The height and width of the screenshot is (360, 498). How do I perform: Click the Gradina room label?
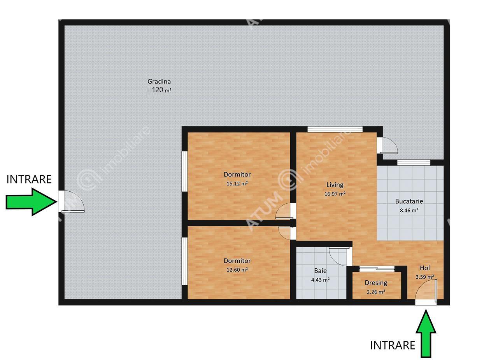[159, 82]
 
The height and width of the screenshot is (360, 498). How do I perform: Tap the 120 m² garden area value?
[161, 90]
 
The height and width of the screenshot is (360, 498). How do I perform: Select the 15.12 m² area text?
[237, 183]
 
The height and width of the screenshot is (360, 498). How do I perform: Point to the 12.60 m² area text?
[237, 270]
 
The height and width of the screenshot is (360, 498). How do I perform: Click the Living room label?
[335, 185]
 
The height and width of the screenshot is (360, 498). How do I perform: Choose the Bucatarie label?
[409, 201]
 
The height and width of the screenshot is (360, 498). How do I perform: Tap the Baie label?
[320, 271]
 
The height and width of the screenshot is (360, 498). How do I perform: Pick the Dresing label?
[376, 283]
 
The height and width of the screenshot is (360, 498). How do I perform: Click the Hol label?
[424, 268]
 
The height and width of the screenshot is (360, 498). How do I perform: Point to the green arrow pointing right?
[31, 202]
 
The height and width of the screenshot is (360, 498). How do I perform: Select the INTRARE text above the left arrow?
[29, 179]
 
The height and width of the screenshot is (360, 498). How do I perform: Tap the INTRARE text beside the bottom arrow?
[393, 345]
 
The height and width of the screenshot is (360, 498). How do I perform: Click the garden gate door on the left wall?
[72, 201]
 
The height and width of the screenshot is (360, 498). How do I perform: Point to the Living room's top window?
[335, 129]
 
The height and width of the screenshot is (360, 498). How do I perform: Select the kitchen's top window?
[414, 163]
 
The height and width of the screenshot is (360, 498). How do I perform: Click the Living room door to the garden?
[387, 145]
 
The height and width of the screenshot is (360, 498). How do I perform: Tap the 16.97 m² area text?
[335, 194]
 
